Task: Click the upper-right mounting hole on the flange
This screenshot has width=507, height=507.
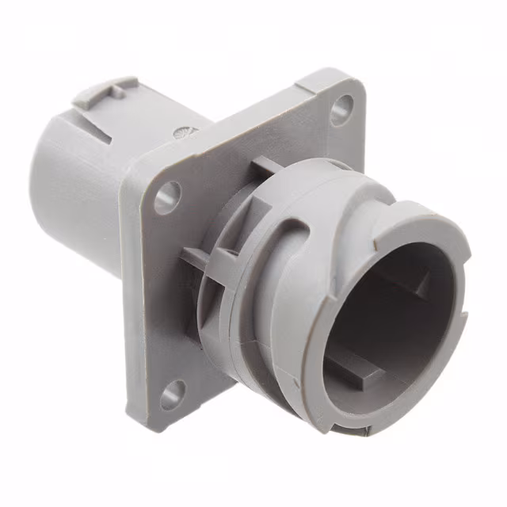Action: click(341, 108)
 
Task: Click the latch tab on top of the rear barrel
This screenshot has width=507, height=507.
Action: click(102, 93)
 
